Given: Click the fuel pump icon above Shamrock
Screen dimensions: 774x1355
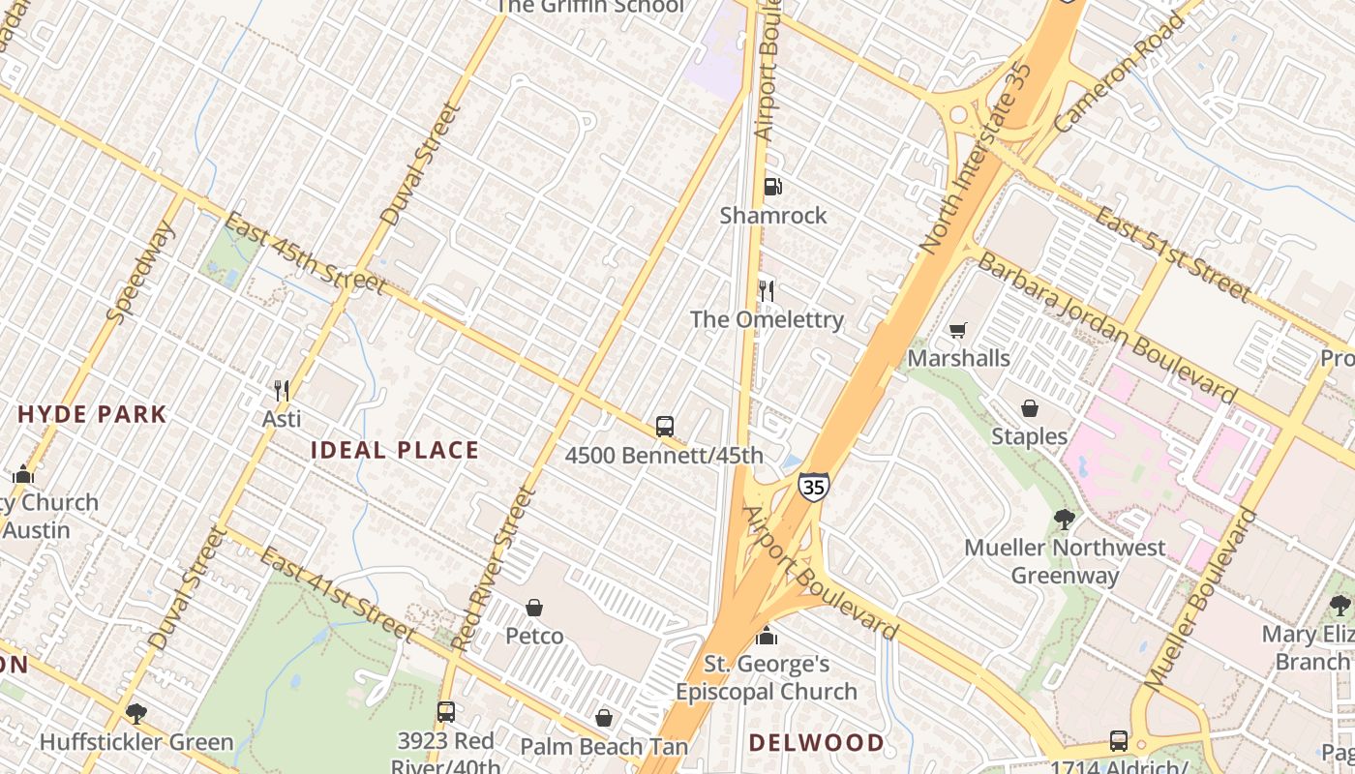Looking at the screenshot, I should (x=772, y=187).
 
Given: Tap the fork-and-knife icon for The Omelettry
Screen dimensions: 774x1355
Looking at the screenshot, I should (x=767, y=290).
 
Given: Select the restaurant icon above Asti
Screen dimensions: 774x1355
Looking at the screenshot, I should (x=282, y=391).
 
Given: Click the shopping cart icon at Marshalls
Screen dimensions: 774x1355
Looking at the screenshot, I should (x=958, y=331).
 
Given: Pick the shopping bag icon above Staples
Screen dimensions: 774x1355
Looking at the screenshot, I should (x=1030, y=408).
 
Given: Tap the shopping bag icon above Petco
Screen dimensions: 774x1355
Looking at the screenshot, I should (x=534, y=608).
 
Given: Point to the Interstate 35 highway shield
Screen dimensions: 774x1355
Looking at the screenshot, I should (x=813, y=487).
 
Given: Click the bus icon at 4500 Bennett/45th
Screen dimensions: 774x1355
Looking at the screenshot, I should (x=665, y=426).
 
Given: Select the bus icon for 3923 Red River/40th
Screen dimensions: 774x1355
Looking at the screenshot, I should (x=445, y=712).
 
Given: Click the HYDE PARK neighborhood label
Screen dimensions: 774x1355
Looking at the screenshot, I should (x=93, y=415).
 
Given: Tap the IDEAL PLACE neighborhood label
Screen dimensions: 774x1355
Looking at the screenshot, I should (x=395, y=450).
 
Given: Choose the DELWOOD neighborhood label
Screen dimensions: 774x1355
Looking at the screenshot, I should (x=817, y=743).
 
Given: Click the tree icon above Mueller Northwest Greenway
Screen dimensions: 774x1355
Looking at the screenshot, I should (x=1065, y=520).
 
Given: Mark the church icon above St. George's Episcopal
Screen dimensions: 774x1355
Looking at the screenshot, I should (x=767, y=636).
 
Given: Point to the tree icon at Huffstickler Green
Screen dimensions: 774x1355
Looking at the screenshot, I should (x=136, y=714).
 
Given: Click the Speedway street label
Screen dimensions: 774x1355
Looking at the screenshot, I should (x=141, y=272).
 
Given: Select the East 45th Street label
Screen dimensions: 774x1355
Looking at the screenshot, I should (x=305, y=253).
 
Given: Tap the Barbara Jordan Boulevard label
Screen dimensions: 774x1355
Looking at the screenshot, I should (x=1107, y=327).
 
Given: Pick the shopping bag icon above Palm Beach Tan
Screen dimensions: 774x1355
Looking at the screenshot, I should (x=604, y=718).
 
